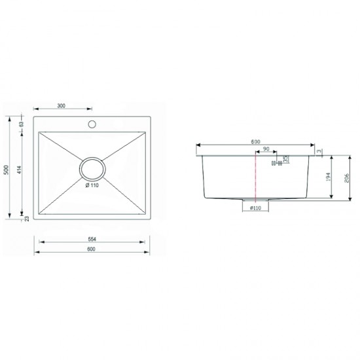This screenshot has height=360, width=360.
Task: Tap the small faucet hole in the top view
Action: point(93,122)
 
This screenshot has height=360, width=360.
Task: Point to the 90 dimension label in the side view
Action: point(265,151)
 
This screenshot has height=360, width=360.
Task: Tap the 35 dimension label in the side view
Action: point(285,159)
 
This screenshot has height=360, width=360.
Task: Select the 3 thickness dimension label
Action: point(318,151)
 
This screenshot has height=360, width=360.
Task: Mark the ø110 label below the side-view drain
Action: point(255,207)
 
